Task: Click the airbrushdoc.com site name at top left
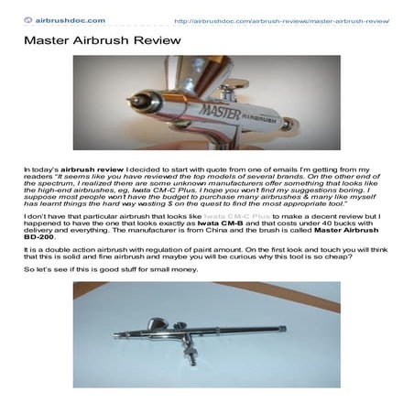pos(71,18)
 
